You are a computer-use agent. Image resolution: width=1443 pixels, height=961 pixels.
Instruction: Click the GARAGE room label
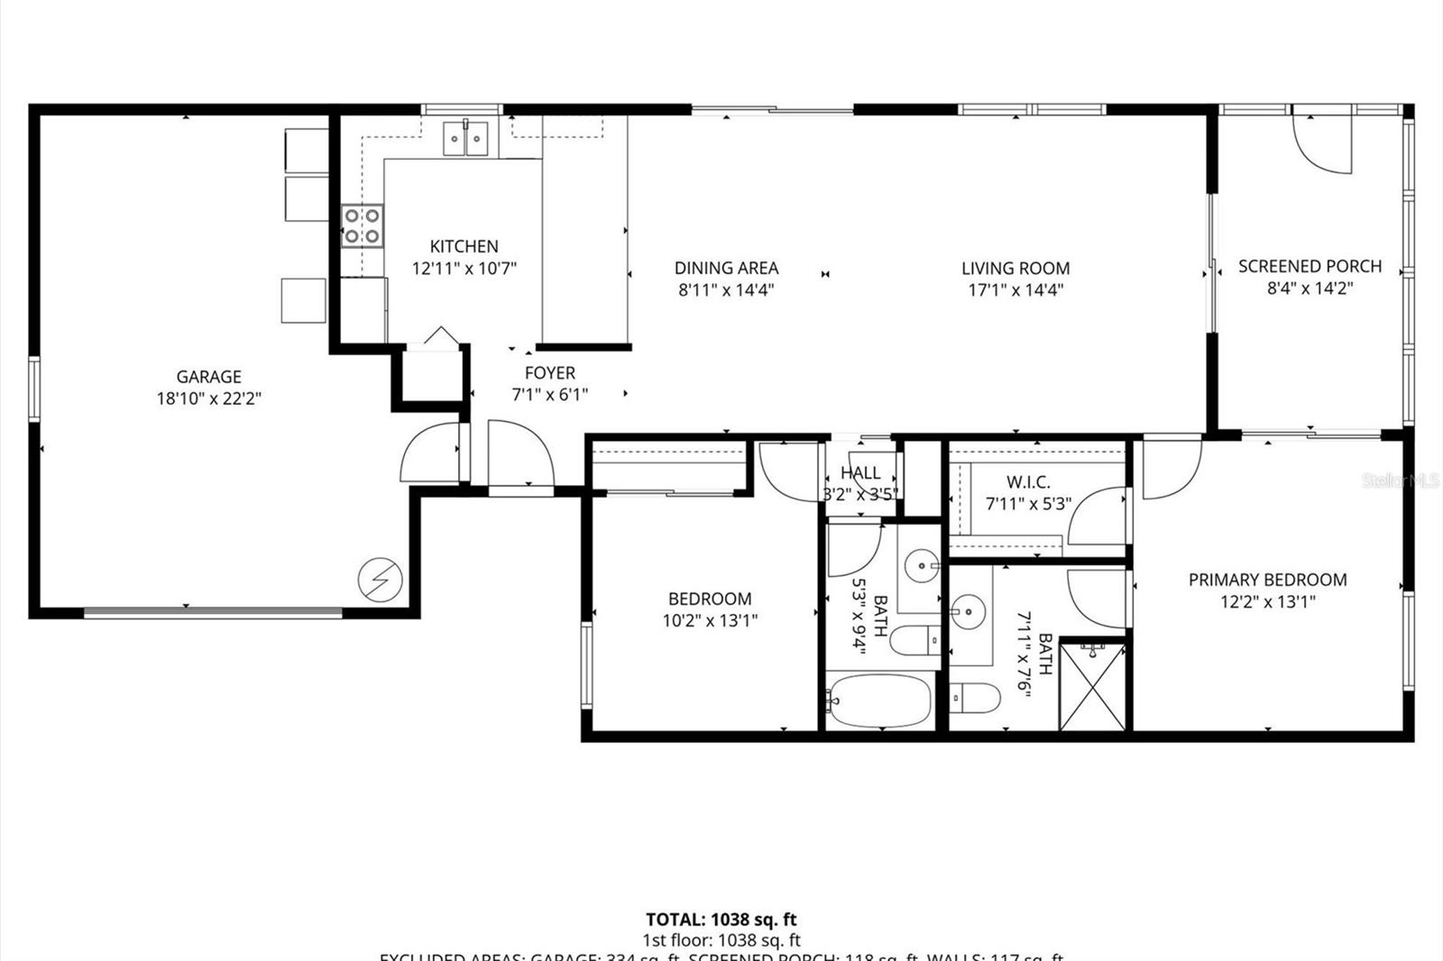point(208,377)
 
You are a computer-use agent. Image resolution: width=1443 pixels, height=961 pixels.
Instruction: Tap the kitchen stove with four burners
point(363,225)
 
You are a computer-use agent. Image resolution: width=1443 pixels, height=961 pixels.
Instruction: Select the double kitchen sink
point(465,138)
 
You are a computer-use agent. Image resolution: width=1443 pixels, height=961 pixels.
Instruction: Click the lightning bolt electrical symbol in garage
point(380,579)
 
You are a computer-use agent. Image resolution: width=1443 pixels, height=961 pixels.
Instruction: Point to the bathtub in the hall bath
point(878,701)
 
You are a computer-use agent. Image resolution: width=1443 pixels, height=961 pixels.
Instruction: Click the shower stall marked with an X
point(1093,686)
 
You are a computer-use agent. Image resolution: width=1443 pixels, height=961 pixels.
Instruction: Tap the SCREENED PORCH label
point(1310,266)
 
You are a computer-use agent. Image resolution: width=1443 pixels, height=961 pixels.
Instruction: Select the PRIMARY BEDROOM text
point(1267,580)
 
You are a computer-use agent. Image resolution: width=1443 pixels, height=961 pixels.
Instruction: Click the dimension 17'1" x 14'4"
point(1016,290)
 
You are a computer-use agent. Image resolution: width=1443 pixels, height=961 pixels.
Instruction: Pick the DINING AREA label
point(726,268)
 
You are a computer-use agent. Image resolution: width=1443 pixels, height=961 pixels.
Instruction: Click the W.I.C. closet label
point(1028,482)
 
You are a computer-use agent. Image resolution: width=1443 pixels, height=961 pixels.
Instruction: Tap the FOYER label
point(549,372)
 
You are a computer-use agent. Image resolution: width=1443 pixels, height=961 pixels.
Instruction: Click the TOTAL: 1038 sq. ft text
point(721,920)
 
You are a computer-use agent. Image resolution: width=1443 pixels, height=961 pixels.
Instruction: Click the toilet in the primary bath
point(978,697)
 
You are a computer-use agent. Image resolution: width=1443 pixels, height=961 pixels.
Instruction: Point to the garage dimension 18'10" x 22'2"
point(208,398)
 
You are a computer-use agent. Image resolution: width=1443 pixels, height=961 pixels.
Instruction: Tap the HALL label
point(860,472)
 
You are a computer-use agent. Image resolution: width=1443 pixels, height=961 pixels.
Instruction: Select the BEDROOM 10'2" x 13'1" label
point(710,609)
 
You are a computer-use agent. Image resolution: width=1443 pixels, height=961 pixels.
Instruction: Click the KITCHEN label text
point(464,246)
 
